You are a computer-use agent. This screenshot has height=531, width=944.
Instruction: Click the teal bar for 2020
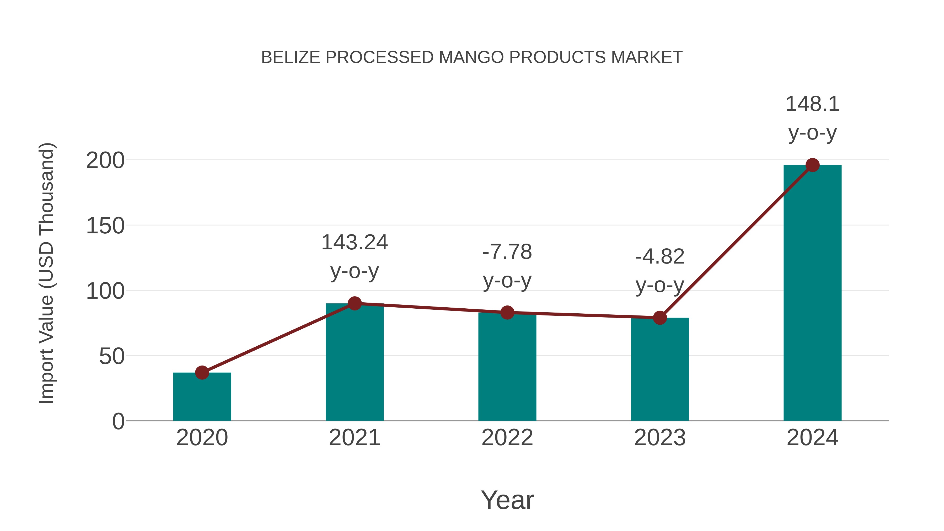pyautogui.click(x=202, y=398)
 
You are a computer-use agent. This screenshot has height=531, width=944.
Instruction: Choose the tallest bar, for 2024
pyautogui.click(x=812, y=293)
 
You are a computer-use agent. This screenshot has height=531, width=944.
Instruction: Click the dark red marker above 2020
pyautogui.click(x=202, y=373)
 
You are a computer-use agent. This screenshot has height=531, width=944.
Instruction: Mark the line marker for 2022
pyautogui.click(x=507, y=313)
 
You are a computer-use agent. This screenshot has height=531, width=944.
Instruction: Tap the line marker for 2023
pyautogui.click(x=660, y=318)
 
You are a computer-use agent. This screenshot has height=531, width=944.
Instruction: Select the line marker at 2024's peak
pyautogui.click(x=812, y=165)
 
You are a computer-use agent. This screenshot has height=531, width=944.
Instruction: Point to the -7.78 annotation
pyautogui.click(x=507, y=252)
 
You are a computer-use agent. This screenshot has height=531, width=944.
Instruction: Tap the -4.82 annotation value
pyautogui.click(x=660, y=256)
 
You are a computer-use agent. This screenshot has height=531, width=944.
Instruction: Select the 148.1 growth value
pyautogui.click(x=812, y=104)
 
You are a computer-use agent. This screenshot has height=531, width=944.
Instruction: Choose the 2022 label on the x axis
pyautogui.click(x=507, y=438)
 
